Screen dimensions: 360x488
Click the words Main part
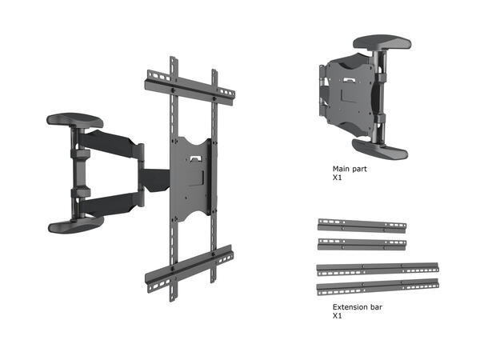[x=350, y=170]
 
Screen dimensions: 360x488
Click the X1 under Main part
[x=337, y=179]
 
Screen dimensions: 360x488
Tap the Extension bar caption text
[x=357, y=306]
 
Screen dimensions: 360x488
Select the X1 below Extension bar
[x=337, y=316]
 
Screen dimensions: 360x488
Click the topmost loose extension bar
[x=362, y=225]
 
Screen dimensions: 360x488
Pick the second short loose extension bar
[x=362, y=242]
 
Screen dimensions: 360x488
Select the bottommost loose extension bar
[x=378, y=285]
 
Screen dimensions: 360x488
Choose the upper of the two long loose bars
[x=378, y=266]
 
